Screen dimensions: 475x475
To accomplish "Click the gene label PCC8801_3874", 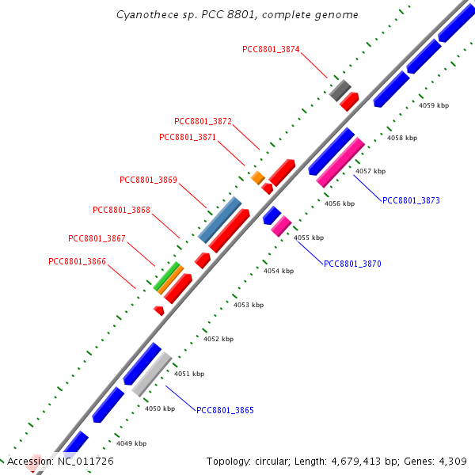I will pos(271,49).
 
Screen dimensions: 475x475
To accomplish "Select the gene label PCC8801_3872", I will pos(203,121).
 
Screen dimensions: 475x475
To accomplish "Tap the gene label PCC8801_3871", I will pos(188,137).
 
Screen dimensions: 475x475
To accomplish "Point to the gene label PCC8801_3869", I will pos(148,180).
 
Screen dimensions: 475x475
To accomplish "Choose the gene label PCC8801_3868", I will pos(121,210).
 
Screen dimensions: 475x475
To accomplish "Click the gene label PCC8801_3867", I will pos(97,238).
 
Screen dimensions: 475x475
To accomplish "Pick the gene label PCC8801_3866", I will pos(77,261).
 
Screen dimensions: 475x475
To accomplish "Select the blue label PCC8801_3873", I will pos(411,200).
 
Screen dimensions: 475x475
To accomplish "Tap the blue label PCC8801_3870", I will pos(352,264).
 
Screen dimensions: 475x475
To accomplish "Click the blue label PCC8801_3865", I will pos(225,410).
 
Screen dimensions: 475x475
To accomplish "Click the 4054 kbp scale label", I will pos(279,271).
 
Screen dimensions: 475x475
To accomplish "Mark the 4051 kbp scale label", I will pos(189,374).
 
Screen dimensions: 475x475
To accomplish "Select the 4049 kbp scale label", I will pos(131,443).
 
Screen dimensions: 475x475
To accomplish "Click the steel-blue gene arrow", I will pos(219,219).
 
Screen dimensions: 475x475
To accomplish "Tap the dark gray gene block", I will pos(340,89).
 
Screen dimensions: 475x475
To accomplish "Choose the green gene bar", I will pos(166,275).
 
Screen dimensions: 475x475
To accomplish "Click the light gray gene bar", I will pos(151,374).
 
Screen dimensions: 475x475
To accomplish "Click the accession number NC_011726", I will pos(82,461).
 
